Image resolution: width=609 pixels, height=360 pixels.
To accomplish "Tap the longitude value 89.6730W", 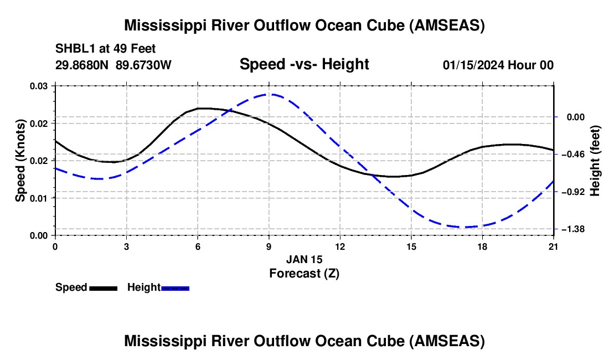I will click(144, 65).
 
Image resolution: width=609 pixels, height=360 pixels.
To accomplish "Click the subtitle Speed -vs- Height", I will click(304, 64).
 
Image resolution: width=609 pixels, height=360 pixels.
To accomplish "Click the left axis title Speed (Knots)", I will click(20, 161).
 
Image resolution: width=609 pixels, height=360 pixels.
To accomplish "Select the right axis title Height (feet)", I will click(595, 161).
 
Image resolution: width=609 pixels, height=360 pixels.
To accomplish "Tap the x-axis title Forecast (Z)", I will click(304, 273).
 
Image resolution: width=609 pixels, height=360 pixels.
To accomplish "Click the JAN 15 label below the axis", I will click(304, 259).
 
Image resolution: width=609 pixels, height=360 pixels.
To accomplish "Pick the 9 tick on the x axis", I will click(269, 246).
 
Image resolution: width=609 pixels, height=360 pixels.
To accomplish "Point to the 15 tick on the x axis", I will click(411, 246).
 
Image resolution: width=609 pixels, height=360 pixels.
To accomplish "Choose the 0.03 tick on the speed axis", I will click(39, 86).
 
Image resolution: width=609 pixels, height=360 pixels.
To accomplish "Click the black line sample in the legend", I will click(103, 287).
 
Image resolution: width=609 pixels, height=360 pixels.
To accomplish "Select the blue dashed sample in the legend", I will click(176, 287).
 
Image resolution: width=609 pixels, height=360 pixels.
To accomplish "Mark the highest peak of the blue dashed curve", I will click(269, 94).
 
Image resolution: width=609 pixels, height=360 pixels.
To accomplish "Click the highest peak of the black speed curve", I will click(204, 108).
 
